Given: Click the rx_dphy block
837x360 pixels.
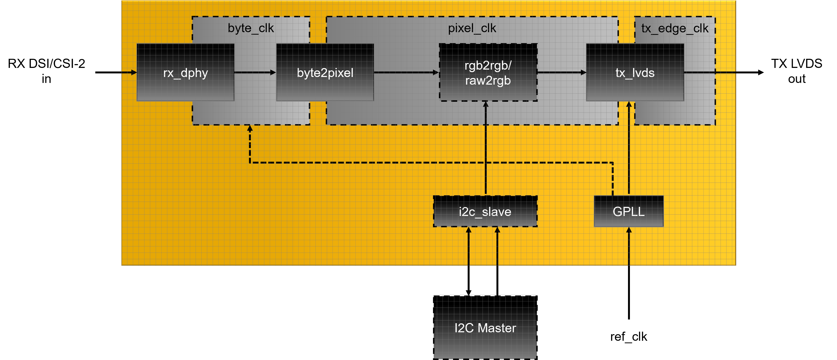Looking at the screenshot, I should pos(185,73).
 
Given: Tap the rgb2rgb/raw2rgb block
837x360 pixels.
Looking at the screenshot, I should pos(488,73).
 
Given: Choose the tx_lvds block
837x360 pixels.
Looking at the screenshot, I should pos(635,73).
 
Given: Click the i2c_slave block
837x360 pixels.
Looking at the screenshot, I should pos(485,212).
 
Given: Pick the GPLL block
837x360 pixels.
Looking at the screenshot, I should pos(628,212).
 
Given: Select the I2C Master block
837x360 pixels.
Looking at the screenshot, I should pos(485,327).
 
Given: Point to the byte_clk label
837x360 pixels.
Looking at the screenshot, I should pos(250,28).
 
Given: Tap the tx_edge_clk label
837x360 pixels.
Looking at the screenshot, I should pos(675,29).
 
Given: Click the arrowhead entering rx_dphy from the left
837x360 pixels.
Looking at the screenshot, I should pos(134,73).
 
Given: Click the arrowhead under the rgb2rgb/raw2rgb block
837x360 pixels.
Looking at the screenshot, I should pos(486,104).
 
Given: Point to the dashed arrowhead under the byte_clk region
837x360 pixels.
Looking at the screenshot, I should pos(250,128).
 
